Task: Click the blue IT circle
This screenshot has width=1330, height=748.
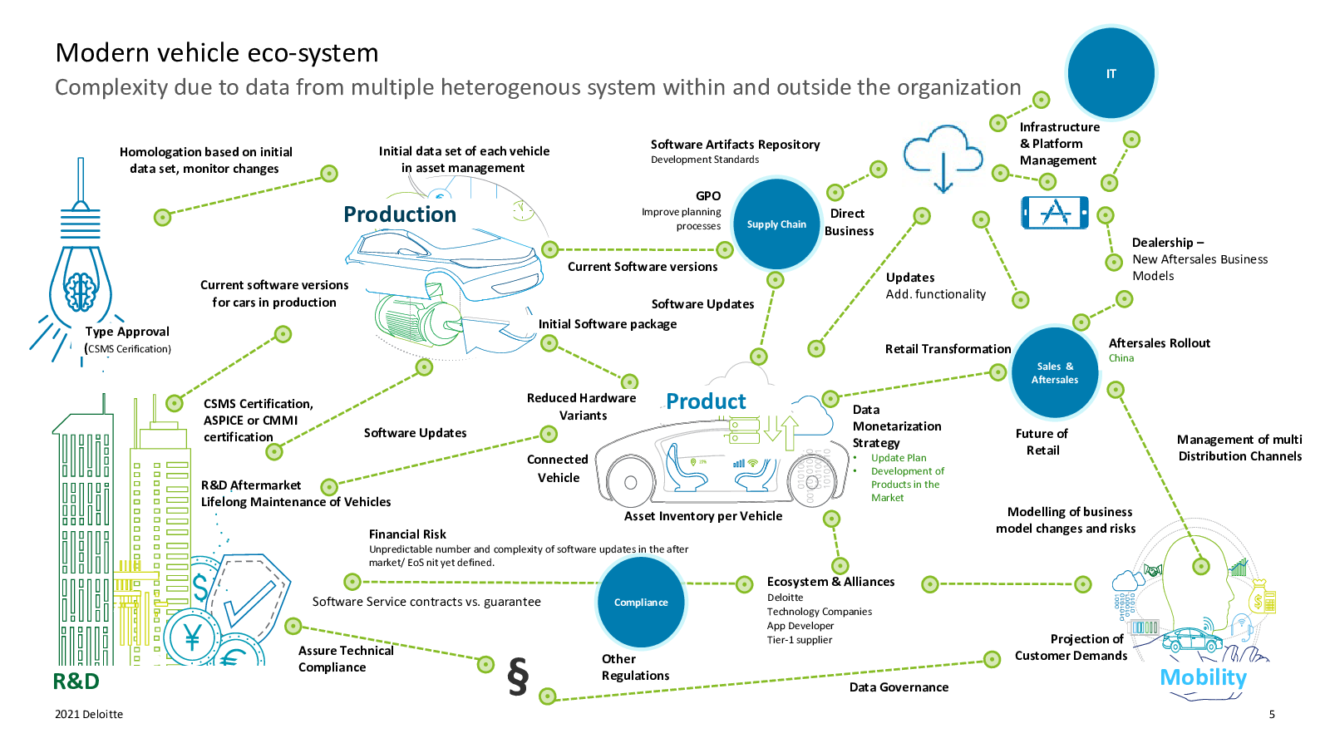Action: tap(1111, 73)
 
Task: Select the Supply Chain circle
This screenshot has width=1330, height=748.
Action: tap(776, 224)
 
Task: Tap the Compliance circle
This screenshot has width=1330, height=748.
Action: tap(641, 603)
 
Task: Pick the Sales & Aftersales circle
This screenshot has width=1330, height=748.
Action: tap(1055, 372)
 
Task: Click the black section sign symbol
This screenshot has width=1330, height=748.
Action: tap(518, 676)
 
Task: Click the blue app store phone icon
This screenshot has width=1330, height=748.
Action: tap(1055, 213)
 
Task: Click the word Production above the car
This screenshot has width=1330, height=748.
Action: tap(400, 214)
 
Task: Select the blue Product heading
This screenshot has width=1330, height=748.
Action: tap(706, 401)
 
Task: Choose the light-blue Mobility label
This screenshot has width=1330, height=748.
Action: tap(1203, 677)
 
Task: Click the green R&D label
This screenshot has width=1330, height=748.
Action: tap(76, 682)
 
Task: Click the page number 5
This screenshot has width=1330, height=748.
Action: tap(1272, 714)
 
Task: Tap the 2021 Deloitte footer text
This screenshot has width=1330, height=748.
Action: tap(89, 714)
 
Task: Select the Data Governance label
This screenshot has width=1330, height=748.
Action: tap(899, 687)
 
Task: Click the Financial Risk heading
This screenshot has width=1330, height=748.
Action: tap(407, 534)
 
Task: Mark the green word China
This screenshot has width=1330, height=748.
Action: tap(1121, 358)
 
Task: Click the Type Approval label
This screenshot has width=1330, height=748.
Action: tap(127, 332)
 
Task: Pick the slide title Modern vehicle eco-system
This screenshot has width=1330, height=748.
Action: tap(217, 52)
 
